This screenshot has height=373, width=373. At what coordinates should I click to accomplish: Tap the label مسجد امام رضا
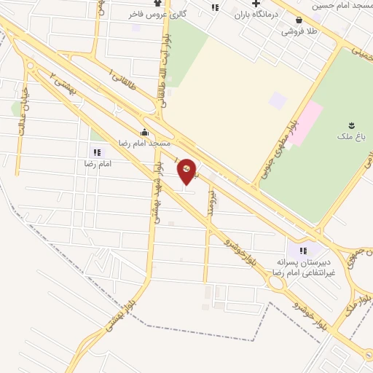(145, 143)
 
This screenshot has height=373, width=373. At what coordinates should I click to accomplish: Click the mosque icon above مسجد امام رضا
(144, 132)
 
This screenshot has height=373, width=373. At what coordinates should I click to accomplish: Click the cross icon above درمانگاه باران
(255, 4)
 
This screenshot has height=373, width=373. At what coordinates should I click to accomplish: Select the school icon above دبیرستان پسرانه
(304, 251)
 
